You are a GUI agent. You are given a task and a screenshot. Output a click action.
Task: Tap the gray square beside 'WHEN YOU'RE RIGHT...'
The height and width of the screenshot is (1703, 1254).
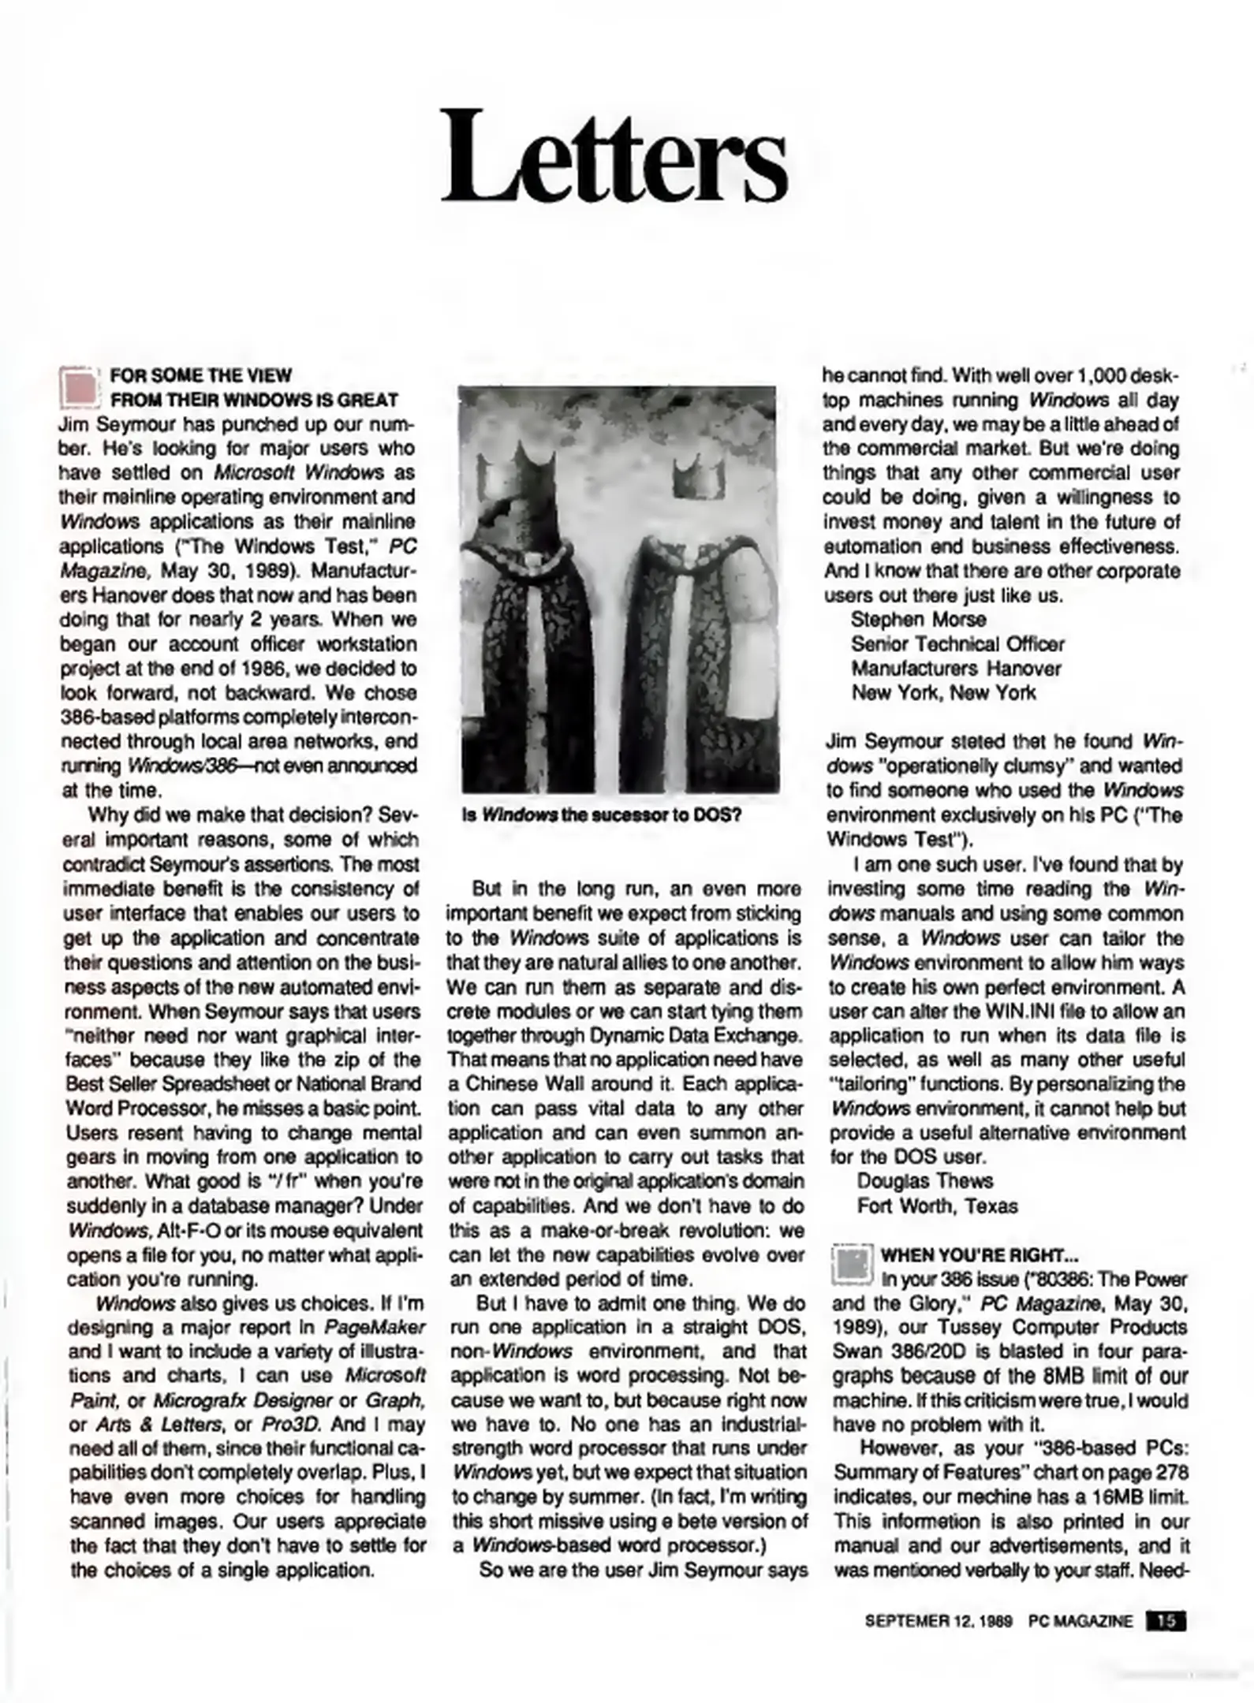852,1266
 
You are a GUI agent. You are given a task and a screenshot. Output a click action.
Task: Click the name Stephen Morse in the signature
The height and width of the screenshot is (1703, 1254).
918,620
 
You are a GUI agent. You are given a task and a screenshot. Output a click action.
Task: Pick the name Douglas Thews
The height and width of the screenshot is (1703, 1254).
924,1181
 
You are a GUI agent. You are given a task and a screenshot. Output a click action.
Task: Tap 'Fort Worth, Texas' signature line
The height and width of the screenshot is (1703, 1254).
937,1206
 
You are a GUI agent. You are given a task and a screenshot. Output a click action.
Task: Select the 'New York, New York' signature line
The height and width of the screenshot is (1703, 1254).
943,693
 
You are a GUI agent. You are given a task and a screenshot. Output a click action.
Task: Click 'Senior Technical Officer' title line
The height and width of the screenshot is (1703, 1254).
957,644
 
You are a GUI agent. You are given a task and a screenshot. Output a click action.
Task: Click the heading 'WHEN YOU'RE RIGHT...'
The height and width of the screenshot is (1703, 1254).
979,1255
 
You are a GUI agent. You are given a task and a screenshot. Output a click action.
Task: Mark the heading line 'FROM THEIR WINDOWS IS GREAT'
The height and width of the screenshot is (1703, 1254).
254,401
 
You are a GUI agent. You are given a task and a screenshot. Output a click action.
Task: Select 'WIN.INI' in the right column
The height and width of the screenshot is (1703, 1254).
1013,1012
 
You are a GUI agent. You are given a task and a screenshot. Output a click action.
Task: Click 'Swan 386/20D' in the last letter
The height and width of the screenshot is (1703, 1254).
887,1352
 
